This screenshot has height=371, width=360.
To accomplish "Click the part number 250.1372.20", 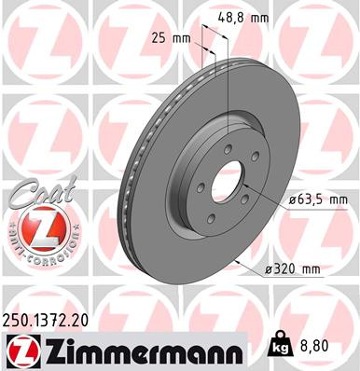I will point(56,321).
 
